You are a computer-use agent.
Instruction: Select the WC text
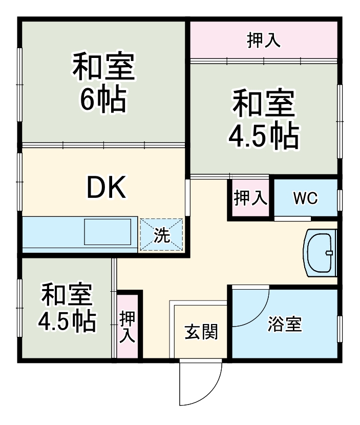tap(306, 198)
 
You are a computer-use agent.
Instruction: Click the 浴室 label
tap(284, 325)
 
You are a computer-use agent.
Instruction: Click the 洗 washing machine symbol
tap(162, 235)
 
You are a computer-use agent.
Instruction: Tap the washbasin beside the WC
tap(320, 253)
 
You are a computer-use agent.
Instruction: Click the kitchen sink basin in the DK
tap(110, 232)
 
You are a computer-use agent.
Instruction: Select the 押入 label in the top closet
tap(264, 41)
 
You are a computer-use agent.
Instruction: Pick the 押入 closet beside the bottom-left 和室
tap(128, 326)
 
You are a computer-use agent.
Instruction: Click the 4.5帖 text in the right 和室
tap(263, 135)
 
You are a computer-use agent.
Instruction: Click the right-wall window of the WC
tap(339, 199)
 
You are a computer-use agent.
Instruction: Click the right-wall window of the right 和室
tap(339, 120)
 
